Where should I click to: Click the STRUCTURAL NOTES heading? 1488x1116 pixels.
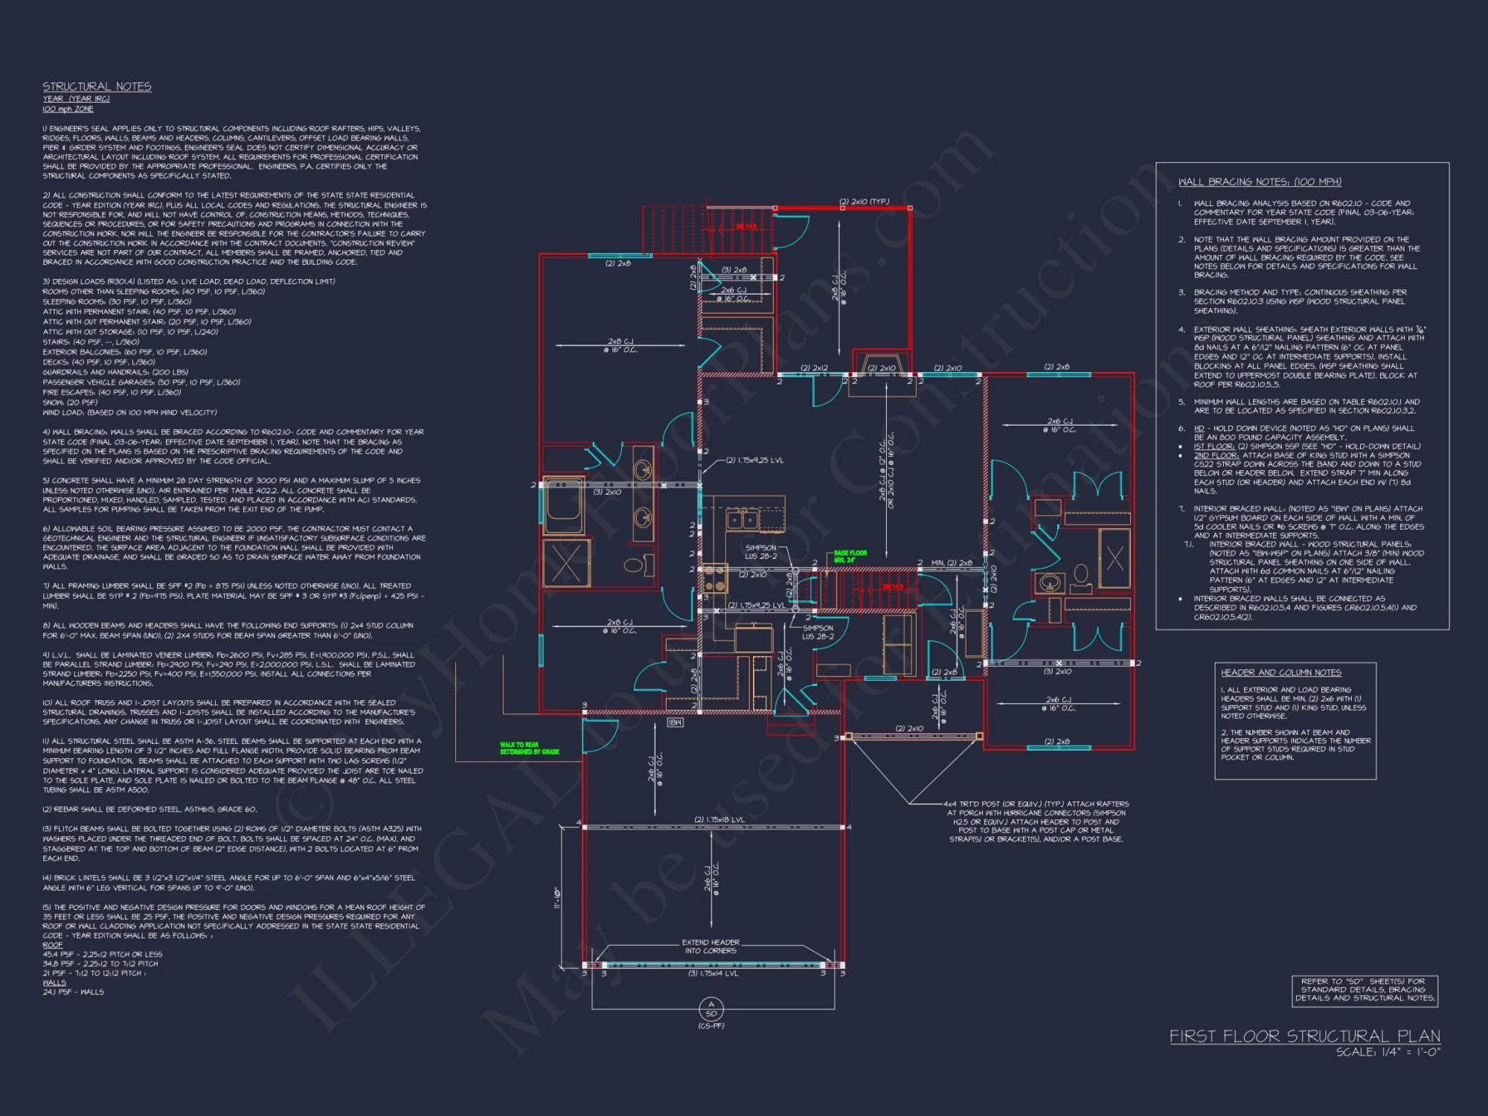(97, 87)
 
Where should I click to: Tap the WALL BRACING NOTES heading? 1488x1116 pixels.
(1260, 182)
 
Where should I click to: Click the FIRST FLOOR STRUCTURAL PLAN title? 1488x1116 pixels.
(1304, 1036)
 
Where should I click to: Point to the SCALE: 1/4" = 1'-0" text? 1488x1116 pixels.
(1388, 1052)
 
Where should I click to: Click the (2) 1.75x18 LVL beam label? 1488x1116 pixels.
(719, 820)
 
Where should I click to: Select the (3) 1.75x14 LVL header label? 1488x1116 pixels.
(713, 973)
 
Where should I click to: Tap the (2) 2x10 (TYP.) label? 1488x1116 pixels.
(864, 202)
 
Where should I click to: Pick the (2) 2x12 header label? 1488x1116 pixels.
(814, 368)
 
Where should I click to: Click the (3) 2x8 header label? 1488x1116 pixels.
(734, 270)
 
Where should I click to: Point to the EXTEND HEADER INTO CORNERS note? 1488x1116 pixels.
(711, 946)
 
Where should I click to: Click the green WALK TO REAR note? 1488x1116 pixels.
(529, 748)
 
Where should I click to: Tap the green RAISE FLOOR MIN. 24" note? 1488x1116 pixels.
(850, 557)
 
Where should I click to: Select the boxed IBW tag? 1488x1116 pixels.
(675, 722)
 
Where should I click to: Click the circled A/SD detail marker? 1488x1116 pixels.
(711, 1009)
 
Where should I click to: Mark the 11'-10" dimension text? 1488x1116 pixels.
(557, 898)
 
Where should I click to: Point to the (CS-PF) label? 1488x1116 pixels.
(711, 1026)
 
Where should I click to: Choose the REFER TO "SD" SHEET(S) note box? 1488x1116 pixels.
(1364, 990)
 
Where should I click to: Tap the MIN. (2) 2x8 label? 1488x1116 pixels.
(952, 563)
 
